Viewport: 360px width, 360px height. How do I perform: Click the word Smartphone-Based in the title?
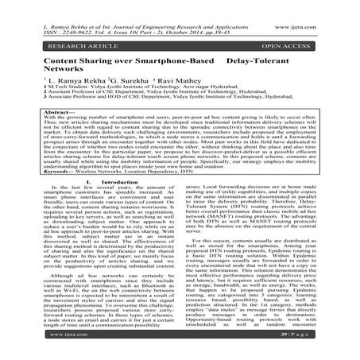pos(175,60)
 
